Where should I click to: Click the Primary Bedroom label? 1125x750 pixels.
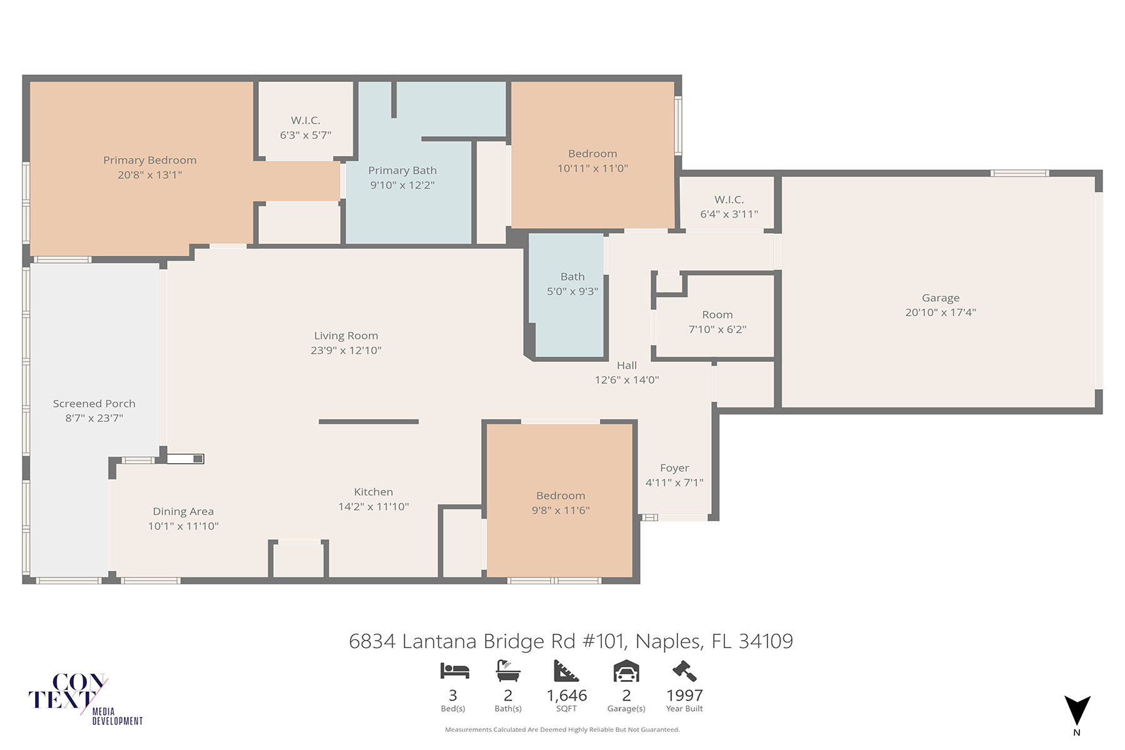coord(149,160)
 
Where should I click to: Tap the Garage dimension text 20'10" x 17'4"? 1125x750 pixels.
coord(940,312)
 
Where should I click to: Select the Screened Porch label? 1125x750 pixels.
coord(94,404)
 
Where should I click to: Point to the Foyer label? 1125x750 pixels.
coord(674,468)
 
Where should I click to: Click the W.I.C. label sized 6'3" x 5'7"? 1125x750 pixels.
coord(305,121)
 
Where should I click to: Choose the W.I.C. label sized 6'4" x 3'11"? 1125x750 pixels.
coord(729,200)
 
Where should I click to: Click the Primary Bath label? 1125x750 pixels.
coord(402,171)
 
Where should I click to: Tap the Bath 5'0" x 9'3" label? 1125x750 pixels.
coord(572,277)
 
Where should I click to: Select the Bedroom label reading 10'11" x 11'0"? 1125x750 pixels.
coord(592,154)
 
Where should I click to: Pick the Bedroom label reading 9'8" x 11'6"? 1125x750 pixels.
coord(560,496)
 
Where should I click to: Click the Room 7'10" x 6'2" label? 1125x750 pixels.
coord(717,315)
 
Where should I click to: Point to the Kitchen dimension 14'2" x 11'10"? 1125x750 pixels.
coord(373,507)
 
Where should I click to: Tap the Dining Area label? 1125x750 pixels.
coord(183,512)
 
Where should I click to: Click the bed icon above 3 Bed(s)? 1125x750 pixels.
coord(454,671)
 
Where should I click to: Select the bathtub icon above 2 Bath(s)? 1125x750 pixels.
coord(507,671)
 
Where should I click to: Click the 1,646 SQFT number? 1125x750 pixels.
coord(566,696)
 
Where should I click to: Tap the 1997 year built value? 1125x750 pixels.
coord(684,696)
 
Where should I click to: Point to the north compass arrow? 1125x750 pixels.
coord(1077,711)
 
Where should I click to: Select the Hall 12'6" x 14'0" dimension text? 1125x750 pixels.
coord(626,380)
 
